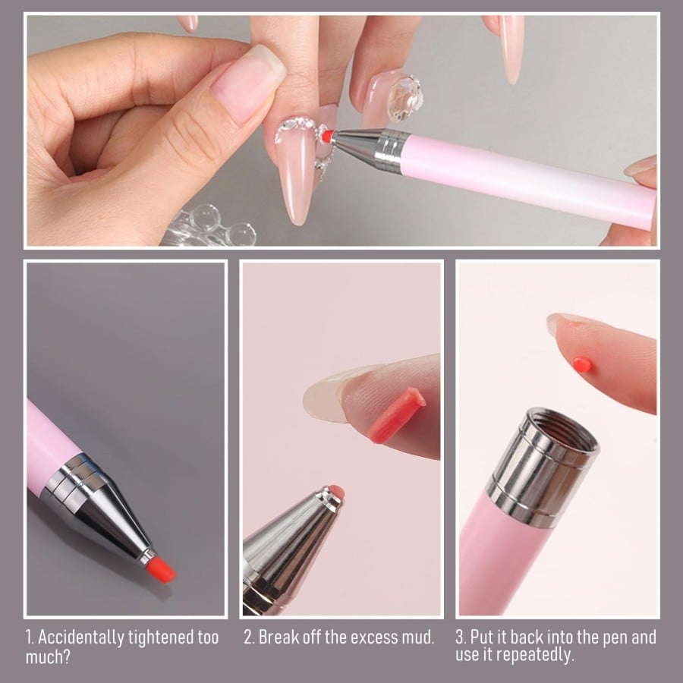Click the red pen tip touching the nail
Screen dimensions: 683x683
[x=327, y=137]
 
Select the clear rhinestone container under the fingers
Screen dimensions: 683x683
[x=209, y=225]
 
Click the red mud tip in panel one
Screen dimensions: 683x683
[x=160, y=568]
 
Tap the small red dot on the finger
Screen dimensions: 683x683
[x=583, y=364]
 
